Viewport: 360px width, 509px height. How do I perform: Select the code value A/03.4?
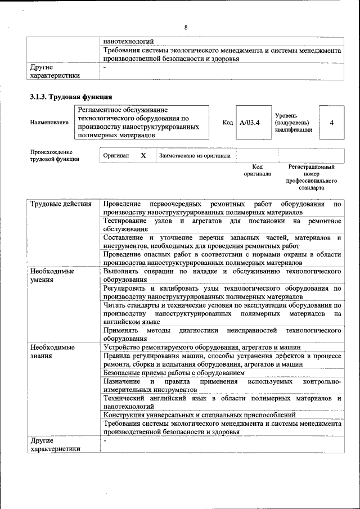tap(249, 122)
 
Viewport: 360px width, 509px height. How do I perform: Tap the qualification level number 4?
tap(331, 122)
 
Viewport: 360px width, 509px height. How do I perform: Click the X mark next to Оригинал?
tap(143, 155)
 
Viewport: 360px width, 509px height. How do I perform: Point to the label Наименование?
tap(49, 122)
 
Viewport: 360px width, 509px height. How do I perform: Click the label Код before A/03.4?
tap(227, 122)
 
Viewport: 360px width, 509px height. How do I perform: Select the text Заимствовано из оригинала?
tap(195, 156)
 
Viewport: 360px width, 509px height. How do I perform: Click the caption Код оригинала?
tap(257, 170)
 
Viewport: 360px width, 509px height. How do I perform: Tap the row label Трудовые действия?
tap(61, 204)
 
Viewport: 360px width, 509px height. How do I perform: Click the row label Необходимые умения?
tap(53, 275)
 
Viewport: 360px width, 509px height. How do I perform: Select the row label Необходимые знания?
tap(53, 352)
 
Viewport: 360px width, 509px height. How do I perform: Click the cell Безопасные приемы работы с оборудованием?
tap(174, 373)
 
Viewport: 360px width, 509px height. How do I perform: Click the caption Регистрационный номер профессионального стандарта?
tap(311, 177)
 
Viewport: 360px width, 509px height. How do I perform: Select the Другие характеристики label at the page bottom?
tap(55, 445)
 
